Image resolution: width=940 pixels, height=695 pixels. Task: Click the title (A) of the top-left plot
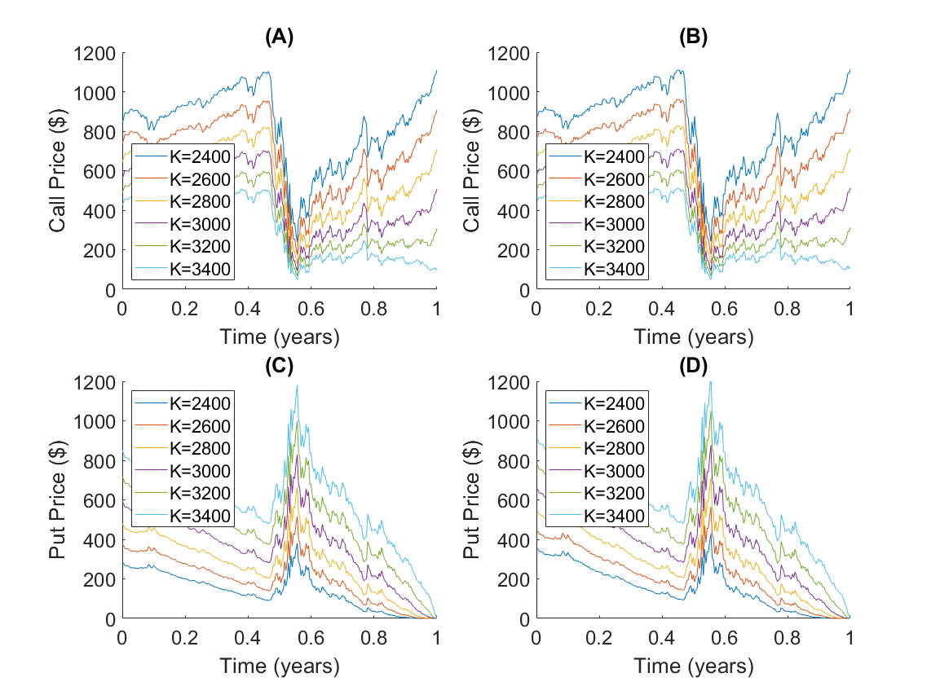280,37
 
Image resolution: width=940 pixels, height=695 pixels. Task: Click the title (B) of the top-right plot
692,37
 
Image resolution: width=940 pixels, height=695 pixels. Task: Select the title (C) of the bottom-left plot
280,366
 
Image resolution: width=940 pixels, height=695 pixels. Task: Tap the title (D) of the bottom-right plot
692,366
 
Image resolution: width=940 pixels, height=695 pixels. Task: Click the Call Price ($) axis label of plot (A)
58,171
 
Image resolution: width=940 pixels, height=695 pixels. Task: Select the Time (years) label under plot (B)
693,337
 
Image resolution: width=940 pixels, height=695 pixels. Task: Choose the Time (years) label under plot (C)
280,666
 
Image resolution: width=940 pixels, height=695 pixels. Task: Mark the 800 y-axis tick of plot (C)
102,461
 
